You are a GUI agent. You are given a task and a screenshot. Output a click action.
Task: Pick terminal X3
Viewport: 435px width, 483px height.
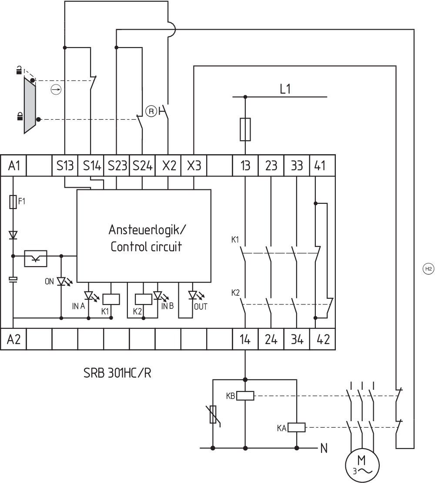[x=194, y=166]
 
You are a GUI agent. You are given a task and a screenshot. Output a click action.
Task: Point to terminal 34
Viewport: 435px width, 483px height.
[x=297, y=339]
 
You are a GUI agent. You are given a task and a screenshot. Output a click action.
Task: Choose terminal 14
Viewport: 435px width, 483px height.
[x=245, y=339]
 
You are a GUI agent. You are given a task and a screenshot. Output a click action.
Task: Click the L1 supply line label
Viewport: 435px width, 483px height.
[x=285, y=90]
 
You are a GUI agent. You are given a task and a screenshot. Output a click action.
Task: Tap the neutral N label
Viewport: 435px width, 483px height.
[x=324, y=448]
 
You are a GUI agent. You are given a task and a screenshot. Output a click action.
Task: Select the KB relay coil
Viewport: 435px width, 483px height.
[x=245, y=396]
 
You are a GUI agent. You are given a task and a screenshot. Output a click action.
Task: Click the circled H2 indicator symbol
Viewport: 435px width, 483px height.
[x=428, y=269]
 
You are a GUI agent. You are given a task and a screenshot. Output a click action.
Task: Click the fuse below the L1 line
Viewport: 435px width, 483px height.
[x=245, y=129]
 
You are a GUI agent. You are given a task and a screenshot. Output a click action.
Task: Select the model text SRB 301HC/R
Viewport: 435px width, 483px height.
[x=117, y=373]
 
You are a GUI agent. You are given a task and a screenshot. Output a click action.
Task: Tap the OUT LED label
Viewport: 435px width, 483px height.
[x=201, y=307]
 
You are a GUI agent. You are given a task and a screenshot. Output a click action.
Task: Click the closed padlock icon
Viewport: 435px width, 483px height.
[x=20, y=116]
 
